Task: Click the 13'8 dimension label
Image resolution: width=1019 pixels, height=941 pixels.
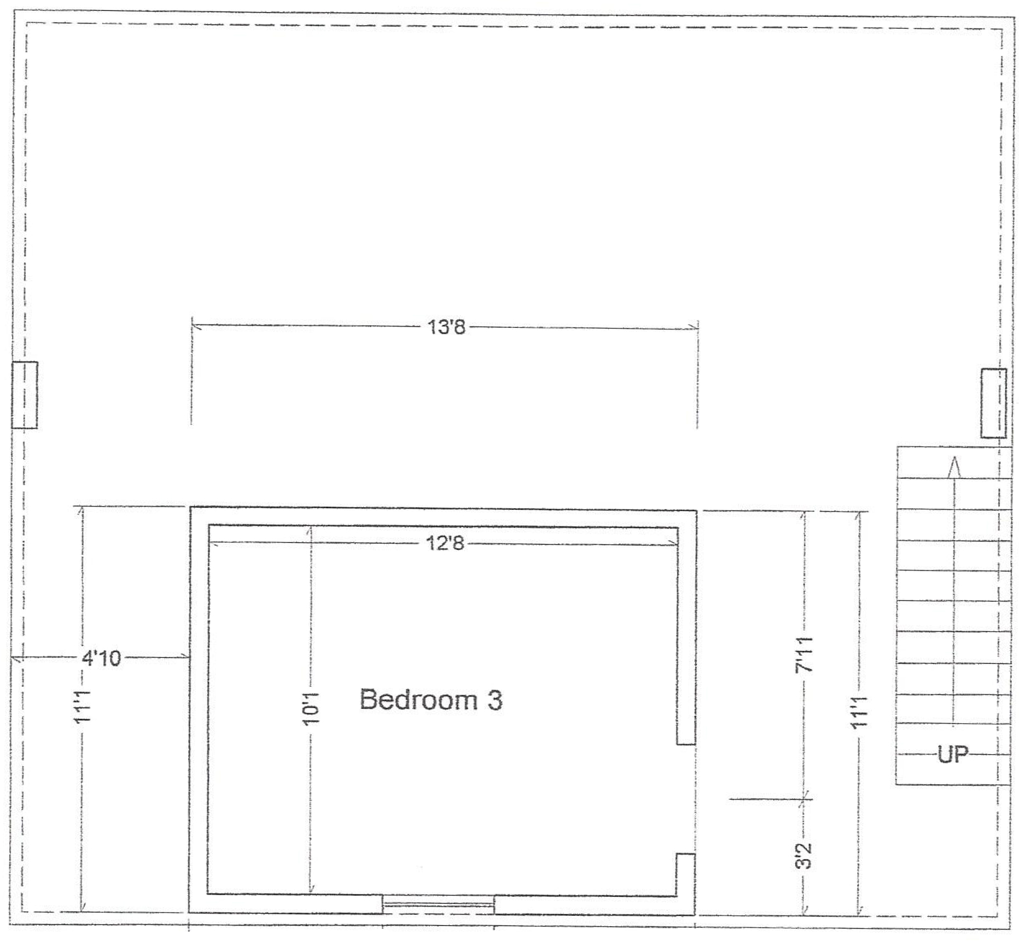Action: tap(446, 327)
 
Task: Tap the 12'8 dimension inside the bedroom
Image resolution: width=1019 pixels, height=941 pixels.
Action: tap(445, 543)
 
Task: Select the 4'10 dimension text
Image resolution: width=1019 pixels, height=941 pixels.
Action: tap(101, 658)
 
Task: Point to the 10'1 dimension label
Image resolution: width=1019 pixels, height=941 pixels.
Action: tap(310, 709)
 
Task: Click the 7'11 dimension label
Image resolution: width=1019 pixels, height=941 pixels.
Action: tap(803, 654)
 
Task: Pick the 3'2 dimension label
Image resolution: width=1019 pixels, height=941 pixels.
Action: tap(803, 856)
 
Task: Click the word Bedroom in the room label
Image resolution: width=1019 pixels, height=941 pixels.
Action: tap(418, 699)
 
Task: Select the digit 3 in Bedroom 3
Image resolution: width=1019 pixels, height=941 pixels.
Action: tap(494, 700)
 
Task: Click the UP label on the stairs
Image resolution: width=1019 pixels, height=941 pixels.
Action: tap(953, 754)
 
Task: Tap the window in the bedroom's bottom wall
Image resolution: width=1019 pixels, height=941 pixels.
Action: tap(438, 904)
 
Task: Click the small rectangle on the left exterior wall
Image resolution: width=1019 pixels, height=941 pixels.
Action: tap(25, 395)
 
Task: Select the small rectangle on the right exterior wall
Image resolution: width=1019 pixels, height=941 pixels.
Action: tap(993, 403)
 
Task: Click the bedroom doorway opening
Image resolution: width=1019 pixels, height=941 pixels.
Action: tap(686, 798)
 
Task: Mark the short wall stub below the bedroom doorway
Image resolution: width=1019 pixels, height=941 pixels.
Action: tap(686, 874)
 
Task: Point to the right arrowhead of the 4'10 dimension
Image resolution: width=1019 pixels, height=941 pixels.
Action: tap(184, 657)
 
